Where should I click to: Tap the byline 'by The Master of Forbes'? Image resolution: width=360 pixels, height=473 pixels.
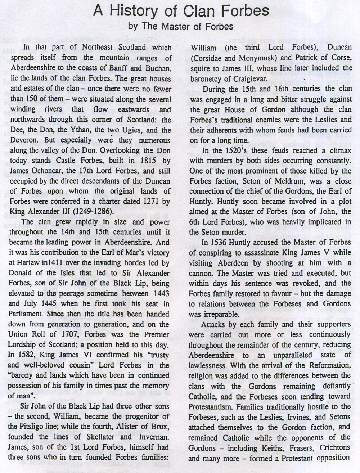pyautogui.click(x=181, y=26)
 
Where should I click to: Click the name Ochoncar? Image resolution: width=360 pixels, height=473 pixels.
pyautogui.click(x=46, y=171)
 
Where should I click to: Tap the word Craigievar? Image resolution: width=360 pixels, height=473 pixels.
pyautogui.click(x=251, y=78)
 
